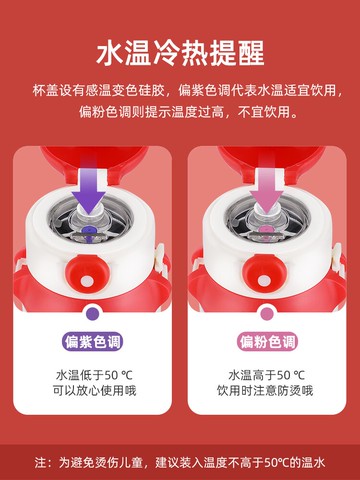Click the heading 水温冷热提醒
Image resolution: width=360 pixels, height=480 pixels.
click(180, 51)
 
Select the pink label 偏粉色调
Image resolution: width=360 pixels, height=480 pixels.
click(269, 342)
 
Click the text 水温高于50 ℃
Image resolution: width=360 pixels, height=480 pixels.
click(269, 377)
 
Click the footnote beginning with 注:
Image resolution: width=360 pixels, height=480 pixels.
click(180, 462)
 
